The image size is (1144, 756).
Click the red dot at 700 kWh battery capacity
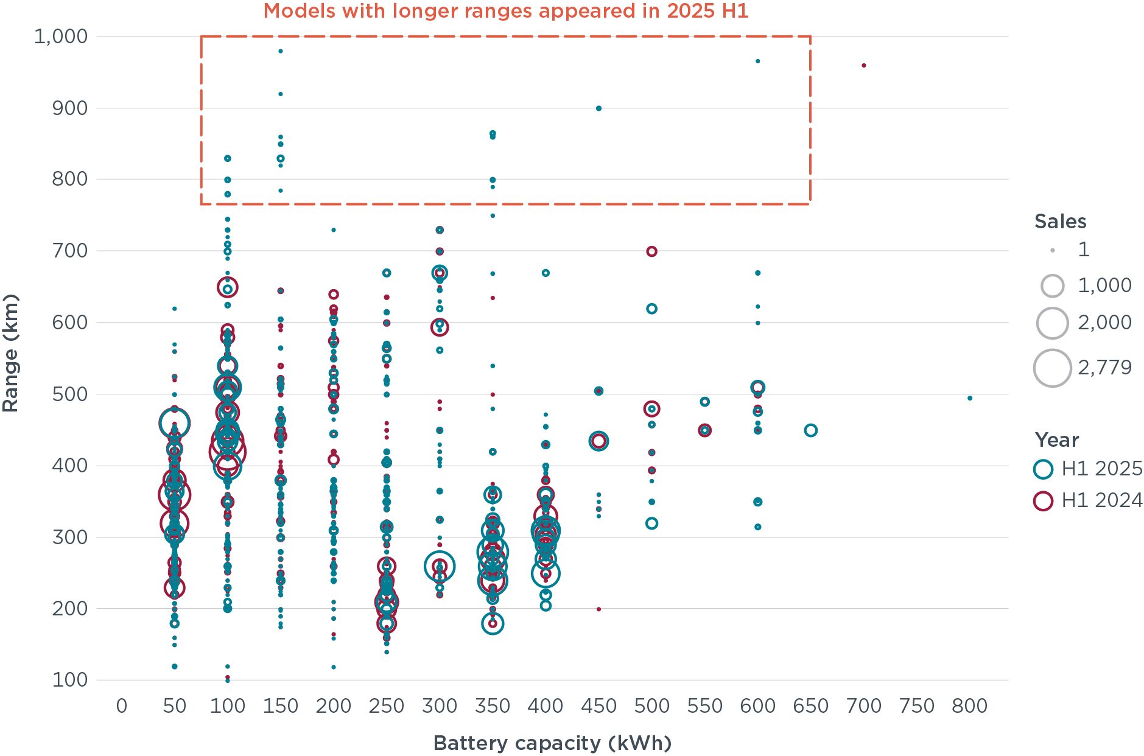[x=863, y=66]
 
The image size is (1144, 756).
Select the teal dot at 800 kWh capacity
[x=970, y=398]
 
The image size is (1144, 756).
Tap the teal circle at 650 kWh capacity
[x=810, y=430]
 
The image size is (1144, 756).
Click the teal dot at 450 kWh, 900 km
[x=598, y=108]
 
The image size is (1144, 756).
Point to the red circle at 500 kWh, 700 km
[x=651, y=251]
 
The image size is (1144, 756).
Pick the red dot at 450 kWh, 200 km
[x=598, y=609]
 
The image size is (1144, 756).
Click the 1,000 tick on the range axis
[x=61, y=37]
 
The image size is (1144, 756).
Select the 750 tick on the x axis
[x=916, y=706]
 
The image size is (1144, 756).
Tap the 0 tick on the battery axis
[x=122, y=706]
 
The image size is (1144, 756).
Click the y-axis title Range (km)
[x=10, y=353]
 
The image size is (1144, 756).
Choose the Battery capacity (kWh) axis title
[x=552, y=743]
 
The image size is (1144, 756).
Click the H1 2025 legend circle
[x=1043, y=469]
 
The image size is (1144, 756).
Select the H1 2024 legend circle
[x=1043, y=501]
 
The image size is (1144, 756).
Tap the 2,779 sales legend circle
[x=1052, y=368]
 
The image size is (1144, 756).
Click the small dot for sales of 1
[x=1053, y=250]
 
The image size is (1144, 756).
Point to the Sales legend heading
[x=1060, y=222]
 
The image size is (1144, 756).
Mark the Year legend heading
[x=1056, y=440]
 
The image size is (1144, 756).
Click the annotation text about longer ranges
[x=505, y=11]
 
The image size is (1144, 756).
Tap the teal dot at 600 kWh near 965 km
[x=757, y=61]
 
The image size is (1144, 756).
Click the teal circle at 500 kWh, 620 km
[x=651, y=309]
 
